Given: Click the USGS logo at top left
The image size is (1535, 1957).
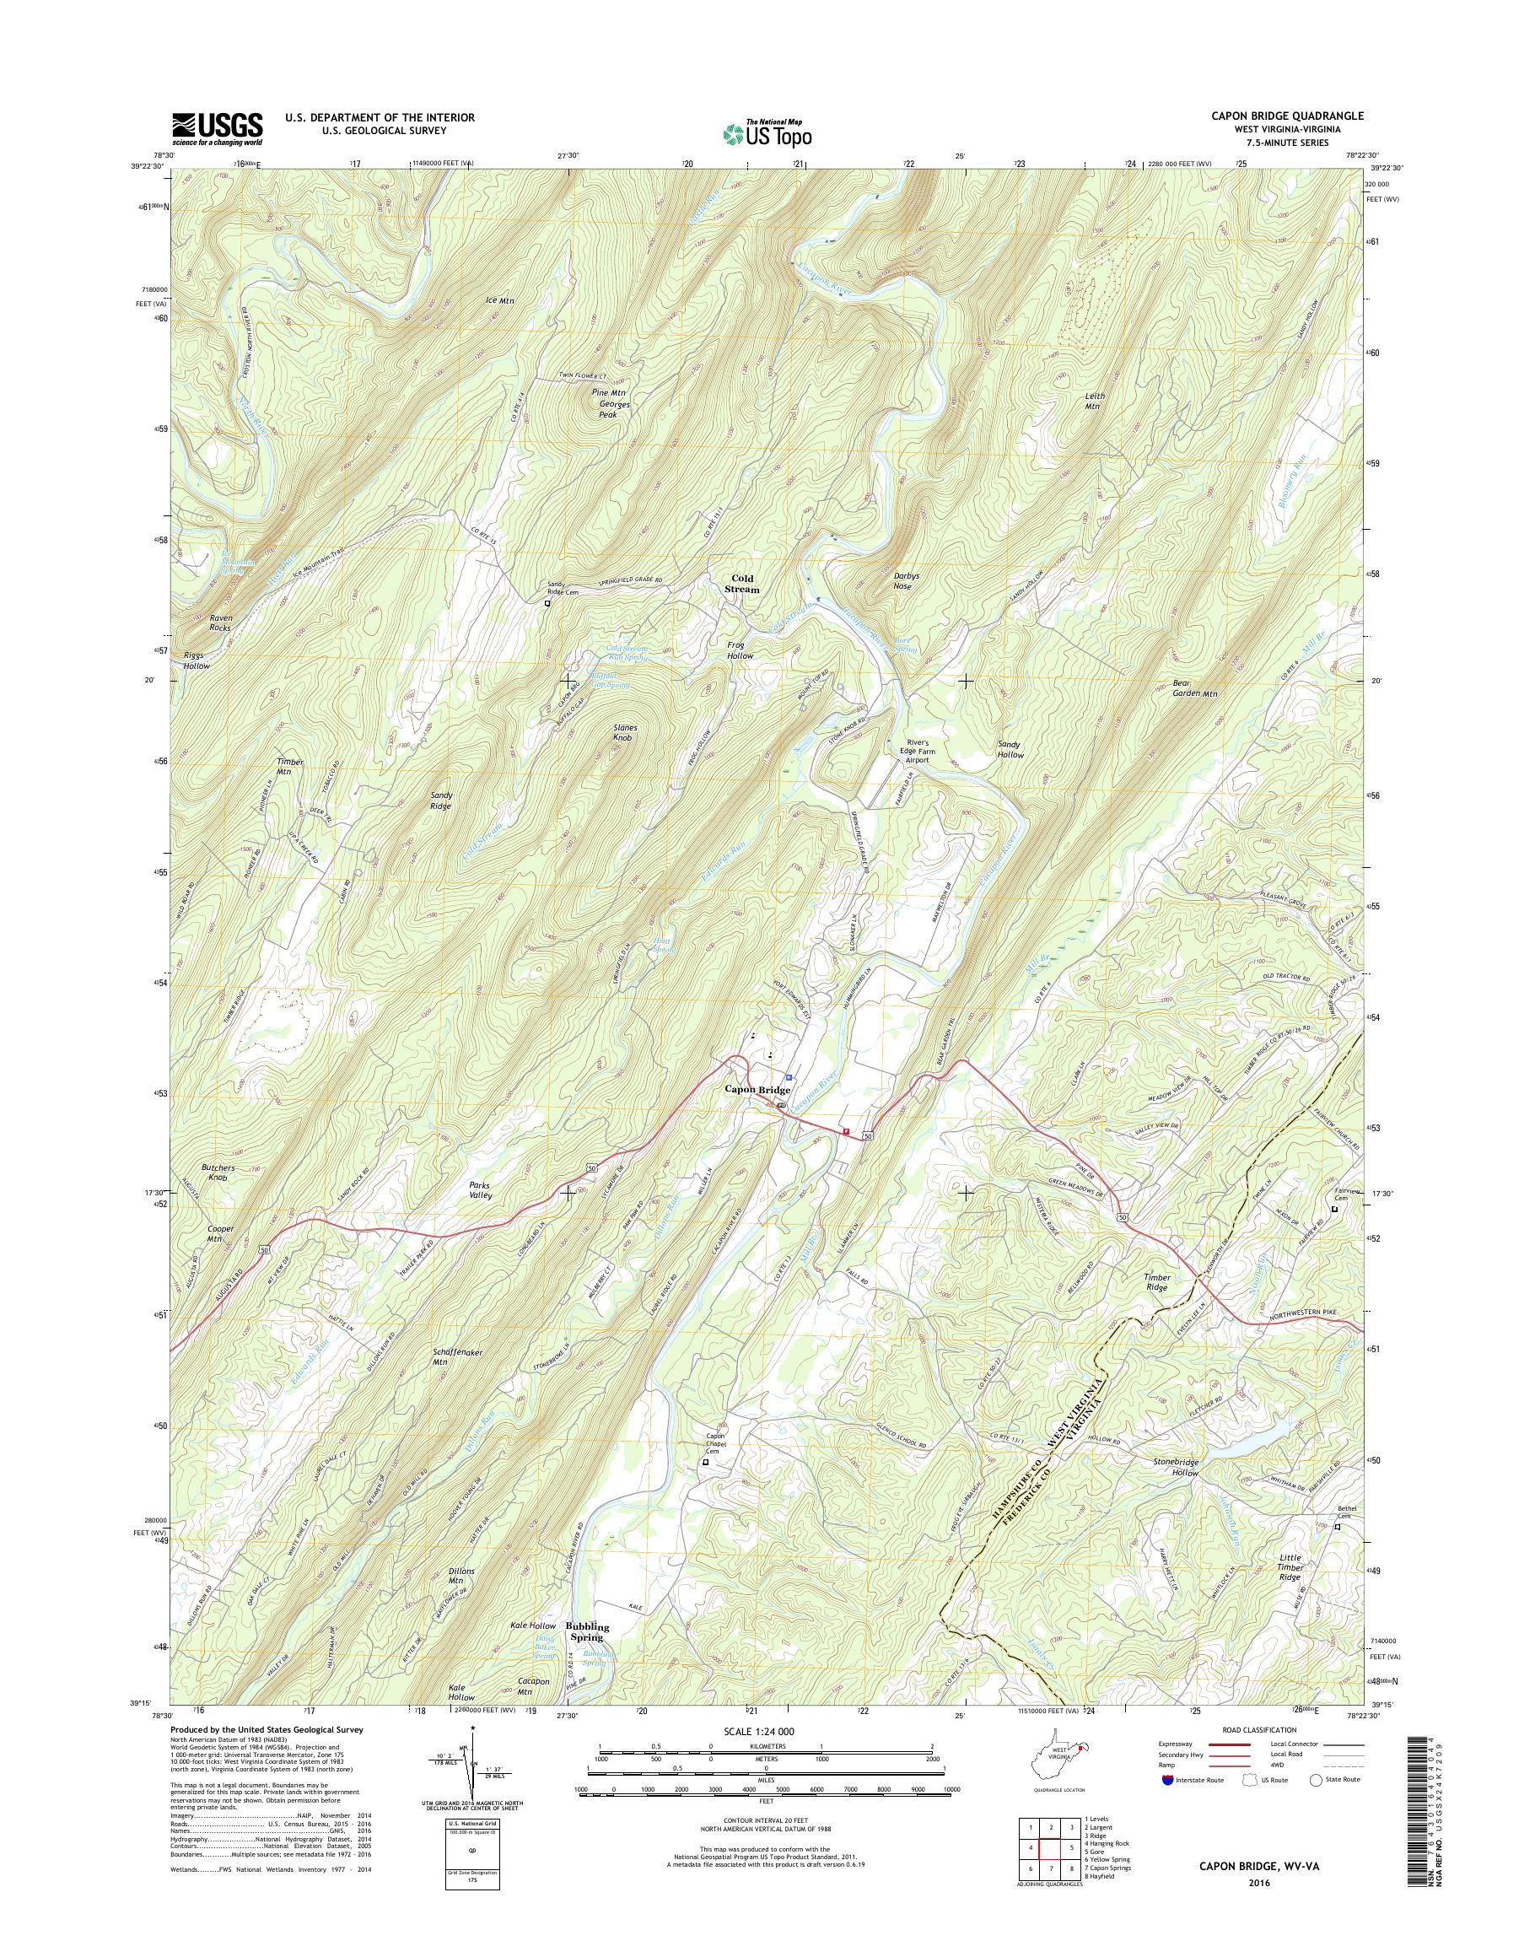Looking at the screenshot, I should point(218,128).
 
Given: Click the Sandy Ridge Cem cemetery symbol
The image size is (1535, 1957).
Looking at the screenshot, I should point(547,604).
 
